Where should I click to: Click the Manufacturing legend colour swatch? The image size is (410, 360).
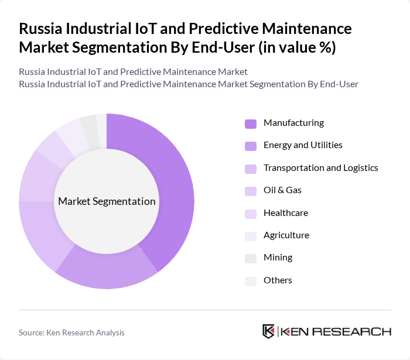(251, 124)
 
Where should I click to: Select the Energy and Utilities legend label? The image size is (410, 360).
(303, 145)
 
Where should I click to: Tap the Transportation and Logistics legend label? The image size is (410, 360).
(320, 167)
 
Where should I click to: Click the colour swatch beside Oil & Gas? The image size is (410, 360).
(251, 191)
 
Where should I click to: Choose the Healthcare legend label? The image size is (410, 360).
(285, 213)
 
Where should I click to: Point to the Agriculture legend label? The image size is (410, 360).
(286, 235)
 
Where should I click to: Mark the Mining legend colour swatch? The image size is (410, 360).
(251, 258)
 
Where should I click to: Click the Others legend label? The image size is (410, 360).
(278, 280)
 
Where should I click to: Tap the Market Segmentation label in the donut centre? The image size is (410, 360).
(107, 201)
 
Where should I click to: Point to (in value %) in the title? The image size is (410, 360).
(298, 47)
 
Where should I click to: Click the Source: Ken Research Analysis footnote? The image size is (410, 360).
(71, 332)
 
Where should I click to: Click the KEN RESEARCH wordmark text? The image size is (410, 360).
(336, 331)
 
